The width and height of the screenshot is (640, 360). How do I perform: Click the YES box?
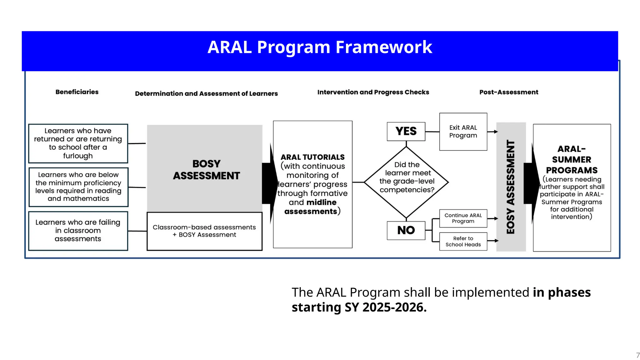406,131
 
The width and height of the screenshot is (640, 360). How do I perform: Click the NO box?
406,230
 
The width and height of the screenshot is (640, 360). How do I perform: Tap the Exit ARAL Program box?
463,132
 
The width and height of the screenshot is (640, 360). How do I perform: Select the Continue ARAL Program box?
463,218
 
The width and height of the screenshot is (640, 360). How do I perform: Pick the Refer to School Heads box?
463,241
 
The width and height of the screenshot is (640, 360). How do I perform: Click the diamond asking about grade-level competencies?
406,182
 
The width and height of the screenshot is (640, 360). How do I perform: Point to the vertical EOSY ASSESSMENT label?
511,187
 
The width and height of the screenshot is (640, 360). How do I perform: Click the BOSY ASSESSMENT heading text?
206,170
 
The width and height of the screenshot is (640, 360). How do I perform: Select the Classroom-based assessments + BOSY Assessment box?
204,231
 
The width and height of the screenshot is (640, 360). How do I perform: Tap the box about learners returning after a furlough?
78,143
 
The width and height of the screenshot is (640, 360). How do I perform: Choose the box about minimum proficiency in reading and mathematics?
78,187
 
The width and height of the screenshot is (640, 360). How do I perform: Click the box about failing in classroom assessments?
78,231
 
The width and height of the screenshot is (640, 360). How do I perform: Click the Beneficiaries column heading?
77,92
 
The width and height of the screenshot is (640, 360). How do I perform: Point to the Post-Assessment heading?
509,92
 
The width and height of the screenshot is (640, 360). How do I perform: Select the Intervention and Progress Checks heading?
373,92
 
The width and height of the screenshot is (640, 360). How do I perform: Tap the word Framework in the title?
384,47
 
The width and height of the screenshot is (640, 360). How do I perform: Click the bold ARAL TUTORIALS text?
312,157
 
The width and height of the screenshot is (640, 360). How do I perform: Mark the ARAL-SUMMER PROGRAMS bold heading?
572,160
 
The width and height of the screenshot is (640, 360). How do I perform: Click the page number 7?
638,355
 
